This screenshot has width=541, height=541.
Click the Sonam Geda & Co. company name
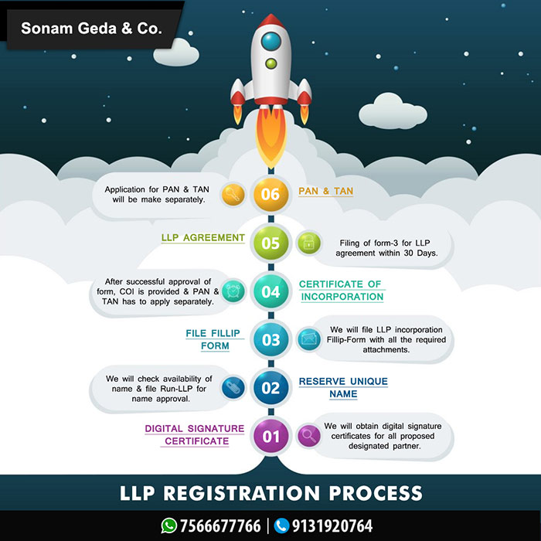click(92, 29)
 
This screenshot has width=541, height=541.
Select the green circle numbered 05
click(270, 243)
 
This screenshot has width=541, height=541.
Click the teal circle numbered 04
click(270, 292)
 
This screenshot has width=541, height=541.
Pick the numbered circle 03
click(270, 340)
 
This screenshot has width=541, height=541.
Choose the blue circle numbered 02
click(270, 388)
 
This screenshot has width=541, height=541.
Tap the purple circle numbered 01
click(270, 437)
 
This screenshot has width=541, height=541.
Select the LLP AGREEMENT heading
click(203, 238)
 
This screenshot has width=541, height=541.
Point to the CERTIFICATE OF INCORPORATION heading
click(341, 291)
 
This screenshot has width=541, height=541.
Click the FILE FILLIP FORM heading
click(214, 339)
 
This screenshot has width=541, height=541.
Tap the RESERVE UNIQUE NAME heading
click(343, 388)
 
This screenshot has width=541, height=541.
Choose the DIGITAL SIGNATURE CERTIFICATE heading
click(196, 435)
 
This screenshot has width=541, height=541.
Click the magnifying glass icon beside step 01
click(308, 436)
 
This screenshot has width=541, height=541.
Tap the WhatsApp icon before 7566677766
click(168, 526)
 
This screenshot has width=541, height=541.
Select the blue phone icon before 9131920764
click(281, 526)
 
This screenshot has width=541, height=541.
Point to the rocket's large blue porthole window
click(270, 39)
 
